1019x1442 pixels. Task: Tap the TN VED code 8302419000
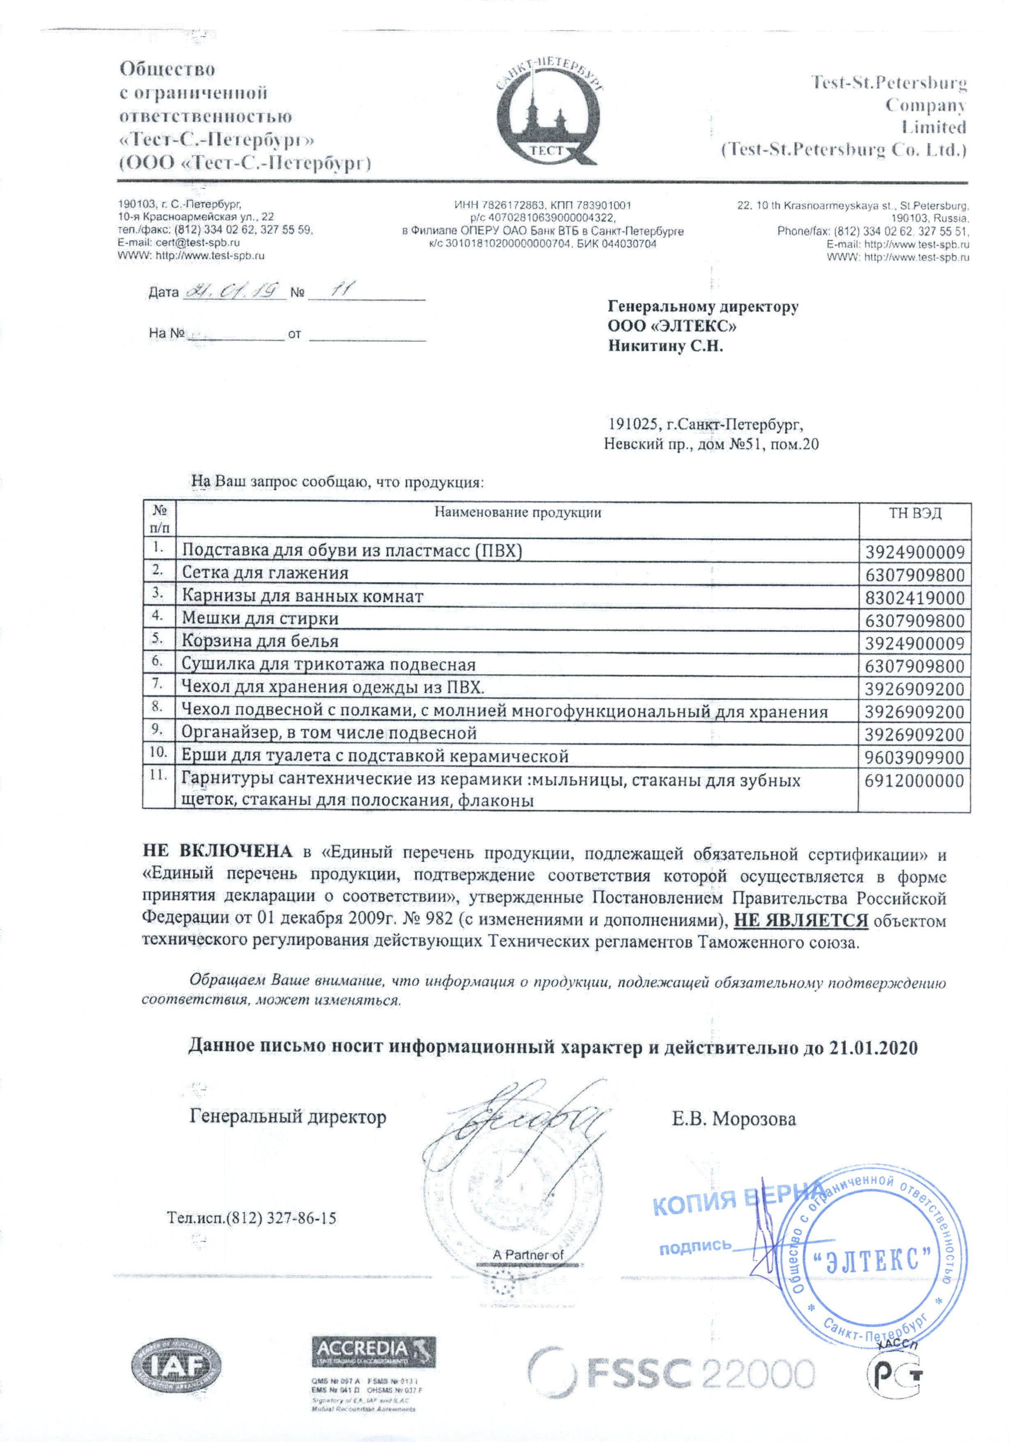pyautogui.click(x=914, y=597)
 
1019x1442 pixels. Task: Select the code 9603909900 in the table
pyautogui.click(x=914, y=757)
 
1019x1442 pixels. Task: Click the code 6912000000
pyautogui.click(x=914, y=781)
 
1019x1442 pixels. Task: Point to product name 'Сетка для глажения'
pyautogui.click(x=265, y=573)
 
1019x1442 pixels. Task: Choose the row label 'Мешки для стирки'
pyautogui.click(x=260, y=618)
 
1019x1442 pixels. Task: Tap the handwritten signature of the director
pyautogui.click(x=515, y=1124)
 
